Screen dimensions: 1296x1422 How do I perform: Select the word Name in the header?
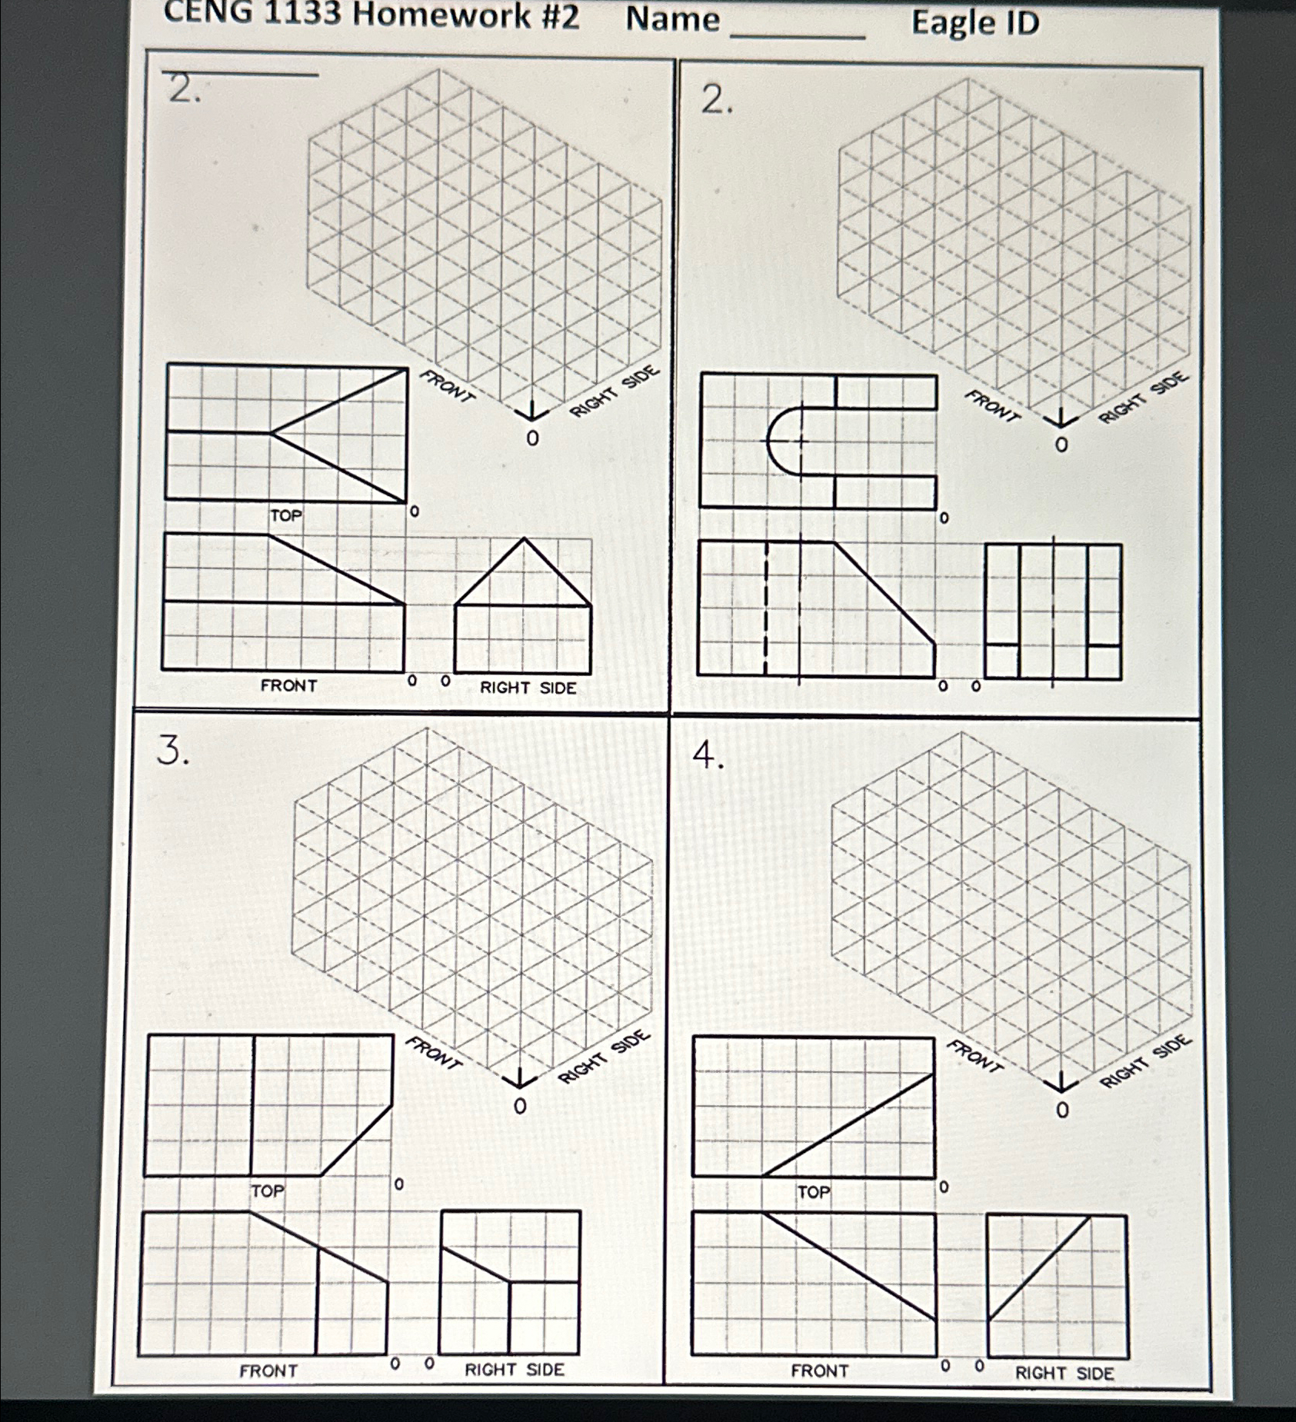673,19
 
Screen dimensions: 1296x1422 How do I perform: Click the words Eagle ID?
975,23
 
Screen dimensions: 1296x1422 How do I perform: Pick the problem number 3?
172,750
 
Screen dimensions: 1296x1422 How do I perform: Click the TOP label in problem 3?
268,1191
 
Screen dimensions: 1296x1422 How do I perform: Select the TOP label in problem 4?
814,1193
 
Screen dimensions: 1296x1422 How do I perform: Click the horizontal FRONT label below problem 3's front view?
268,1370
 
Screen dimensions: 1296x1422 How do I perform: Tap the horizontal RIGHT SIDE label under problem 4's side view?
1064,1374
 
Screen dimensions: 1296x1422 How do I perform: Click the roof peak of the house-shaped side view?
525,538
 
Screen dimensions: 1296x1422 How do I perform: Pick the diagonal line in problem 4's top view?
849,1124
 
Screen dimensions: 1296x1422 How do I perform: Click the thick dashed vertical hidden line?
765,608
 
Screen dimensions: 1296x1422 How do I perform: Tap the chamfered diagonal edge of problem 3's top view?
356,1141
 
